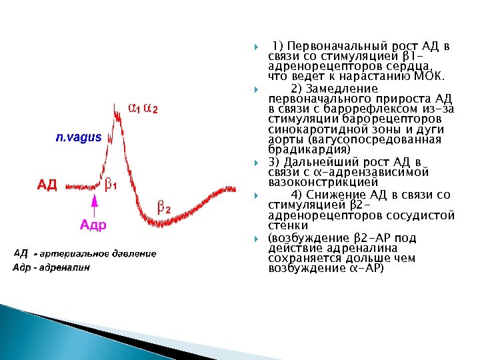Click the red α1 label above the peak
click(134, 109)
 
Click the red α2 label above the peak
click(151, 109)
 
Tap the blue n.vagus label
click(78, 137)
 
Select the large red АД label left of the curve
click(47, 185)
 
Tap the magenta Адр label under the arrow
click(93, 225)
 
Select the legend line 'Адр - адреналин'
click(51, 268)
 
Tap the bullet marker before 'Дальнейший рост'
click(257, 162)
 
